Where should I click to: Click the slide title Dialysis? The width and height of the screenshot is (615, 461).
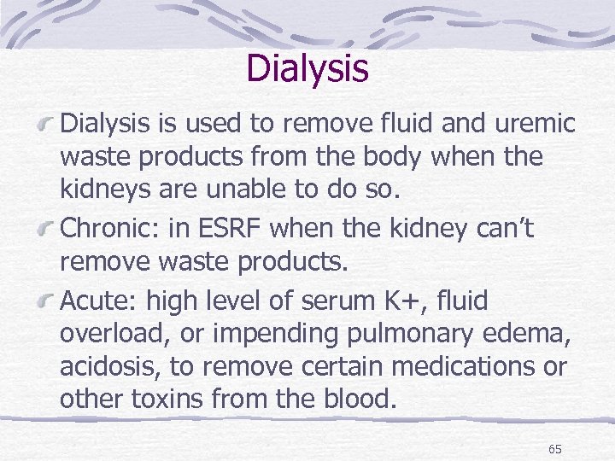coord(307,68)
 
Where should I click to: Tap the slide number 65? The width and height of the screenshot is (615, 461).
coord(554,448)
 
